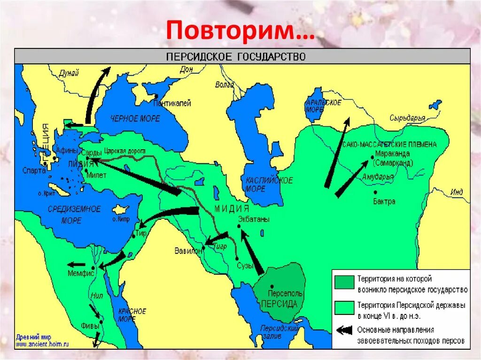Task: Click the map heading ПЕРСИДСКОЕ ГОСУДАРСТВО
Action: point(236,56)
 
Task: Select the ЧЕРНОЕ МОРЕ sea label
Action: point(135,119)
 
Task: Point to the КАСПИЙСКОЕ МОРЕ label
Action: point(269,184)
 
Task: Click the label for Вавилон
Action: point(187,251)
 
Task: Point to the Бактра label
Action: point(385,202)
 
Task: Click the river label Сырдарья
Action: point(407,118)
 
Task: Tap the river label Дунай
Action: point(69,73)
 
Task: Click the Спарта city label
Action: point(34,171)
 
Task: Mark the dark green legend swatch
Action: point(343,283)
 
